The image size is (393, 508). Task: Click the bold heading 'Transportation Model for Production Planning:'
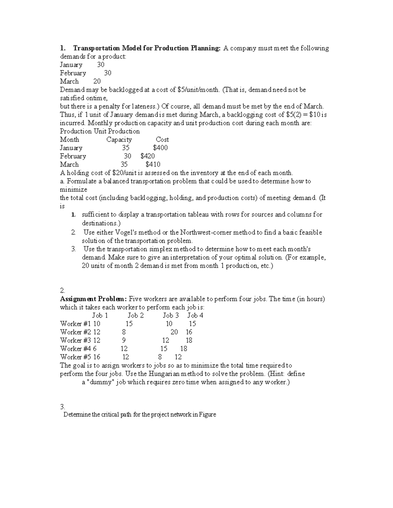[x=147, y=48]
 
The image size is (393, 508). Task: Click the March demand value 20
[x=97, y=81]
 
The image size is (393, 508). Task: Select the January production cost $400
[x=160, y=148]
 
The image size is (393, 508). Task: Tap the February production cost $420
[x=148, y=156]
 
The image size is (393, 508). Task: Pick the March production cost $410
[x=153, y=165]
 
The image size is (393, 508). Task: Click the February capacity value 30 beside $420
[x=127, y=156]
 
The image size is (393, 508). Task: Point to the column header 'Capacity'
[x=119, y=140]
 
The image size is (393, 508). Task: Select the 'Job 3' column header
[x=171, y=315]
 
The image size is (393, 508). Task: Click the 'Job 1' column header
[x=100, y=315]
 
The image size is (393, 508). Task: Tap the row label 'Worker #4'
[x=75, y=349]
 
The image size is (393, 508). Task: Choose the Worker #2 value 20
[x=174, y=332]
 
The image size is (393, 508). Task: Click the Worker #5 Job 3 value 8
[x=160, y=357]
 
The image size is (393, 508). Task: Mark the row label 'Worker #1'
[x=75, y=324]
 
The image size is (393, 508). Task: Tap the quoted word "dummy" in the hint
[x=102, y=382]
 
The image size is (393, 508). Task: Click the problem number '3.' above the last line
[x=63, y=407]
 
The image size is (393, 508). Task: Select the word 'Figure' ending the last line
[x=208, y=415]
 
